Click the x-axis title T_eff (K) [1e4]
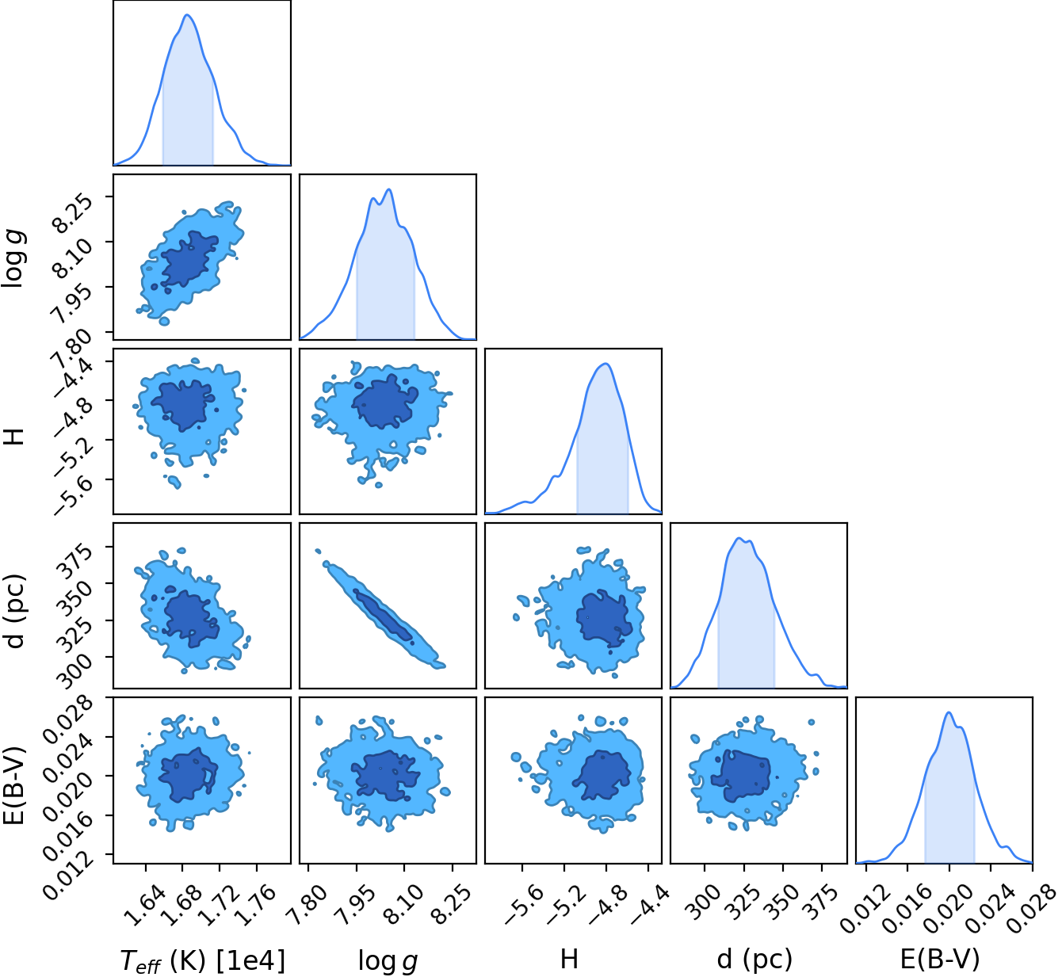point(203,960)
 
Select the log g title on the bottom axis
point(388,960)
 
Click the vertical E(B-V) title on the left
point(15,786)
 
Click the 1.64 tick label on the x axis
point(141,906)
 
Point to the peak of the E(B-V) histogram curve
point(949,712)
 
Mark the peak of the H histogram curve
point(605,363)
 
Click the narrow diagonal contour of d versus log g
point(380,610)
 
